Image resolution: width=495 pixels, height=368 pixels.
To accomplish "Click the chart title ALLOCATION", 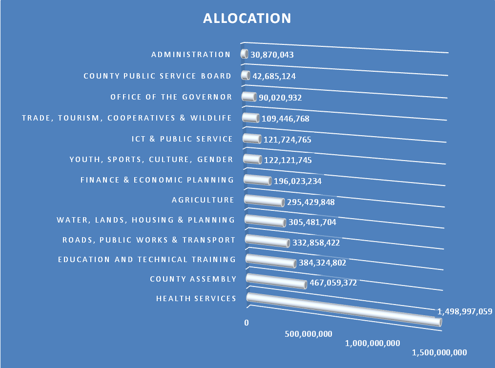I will pyautogui.click(x=247, y=19).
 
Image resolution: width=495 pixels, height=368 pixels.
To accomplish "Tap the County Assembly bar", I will pyautogui.click(x=276, y=281).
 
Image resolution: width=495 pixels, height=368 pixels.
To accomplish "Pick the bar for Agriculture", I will pyautogui.click(x=263, y=200).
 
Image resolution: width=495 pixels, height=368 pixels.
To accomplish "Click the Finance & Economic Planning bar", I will pyautogui.click(x=257, y=180).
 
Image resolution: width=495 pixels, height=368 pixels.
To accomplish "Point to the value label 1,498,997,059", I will pyautogui.click(x=464, y=311).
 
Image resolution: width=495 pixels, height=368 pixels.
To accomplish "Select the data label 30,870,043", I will pyautogui.click(x=272, y=55).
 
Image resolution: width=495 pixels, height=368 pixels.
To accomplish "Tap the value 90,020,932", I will pyautogui.click(x=280, y=98).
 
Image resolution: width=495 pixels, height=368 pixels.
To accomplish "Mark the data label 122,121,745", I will pyautogui.click(x=288, y=160).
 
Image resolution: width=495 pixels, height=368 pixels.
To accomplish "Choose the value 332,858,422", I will pyautogui.click(x=316, y=243).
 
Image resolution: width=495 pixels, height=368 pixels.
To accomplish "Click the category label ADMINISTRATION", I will pyautogui.click(x=191, y=55).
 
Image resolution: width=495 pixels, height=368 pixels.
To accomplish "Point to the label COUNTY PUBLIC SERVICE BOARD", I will pyautogui.click(x=157, y=76).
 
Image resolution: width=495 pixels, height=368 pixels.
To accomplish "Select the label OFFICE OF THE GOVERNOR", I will pyautogui.click(x=171, y=97).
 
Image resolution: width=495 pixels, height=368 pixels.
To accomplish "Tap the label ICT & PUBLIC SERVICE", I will pyautogui.click(x=182, y=139).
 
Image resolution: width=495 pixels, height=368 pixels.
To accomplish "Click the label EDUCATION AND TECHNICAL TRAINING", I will pyautogui.click(x=146, y=260).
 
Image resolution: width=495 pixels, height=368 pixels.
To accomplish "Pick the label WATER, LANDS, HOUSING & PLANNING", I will pyautogui.click(x=145, y=220).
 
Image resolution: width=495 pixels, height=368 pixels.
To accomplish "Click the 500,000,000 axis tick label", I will pyautogui.click(x=308, y=334).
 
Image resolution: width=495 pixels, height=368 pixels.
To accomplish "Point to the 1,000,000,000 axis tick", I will pyautogui.click(x=372, y=343).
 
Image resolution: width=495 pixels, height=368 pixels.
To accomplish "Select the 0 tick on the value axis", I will pyautogui.click(x=247, y=323).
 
